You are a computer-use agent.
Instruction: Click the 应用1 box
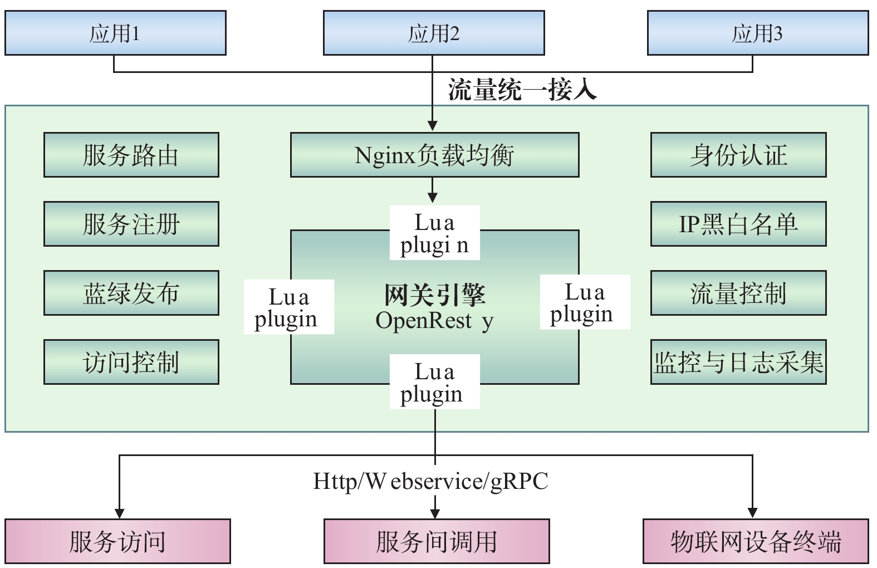pos(115,33)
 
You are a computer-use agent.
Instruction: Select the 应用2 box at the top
pos(434,33)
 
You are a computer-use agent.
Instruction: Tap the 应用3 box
pos(757,33)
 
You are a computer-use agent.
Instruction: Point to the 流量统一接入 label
pos(522,90)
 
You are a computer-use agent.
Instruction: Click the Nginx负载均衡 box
pos(434,155)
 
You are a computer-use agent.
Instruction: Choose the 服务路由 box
pos(131,155)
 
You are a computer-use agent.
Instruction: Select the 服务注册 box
pos(131,224)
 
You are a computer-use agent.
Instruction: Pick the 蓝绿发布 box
pos(131,293)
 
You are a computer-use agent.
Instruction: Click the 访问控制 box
pos(131,362)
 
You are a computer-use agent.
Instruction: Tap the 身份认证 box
pos(738,155)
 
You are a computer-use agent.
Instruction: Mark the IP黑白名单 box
pos(738,224)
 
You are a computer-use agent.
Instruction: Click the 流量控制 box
pos(738,293)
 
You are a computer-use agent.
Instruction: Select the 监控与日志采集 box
pos(738,362)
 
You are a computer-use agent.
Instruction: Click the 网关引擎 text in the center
pos(434,295)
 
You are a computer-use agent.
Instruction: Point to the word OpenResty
pos(434,321)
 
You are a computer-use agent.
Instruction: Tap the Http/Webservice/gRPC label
pos(430,482)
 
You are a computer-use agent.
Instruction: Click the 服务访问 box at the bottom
pos(117,541)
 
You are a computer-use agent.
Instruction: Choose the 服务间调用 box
pos(437,541)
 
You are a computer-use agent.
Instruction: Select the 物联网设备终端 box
pos(756,541)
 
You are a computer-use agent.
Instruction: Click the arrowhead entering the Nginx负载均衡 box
pos(432,126)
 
